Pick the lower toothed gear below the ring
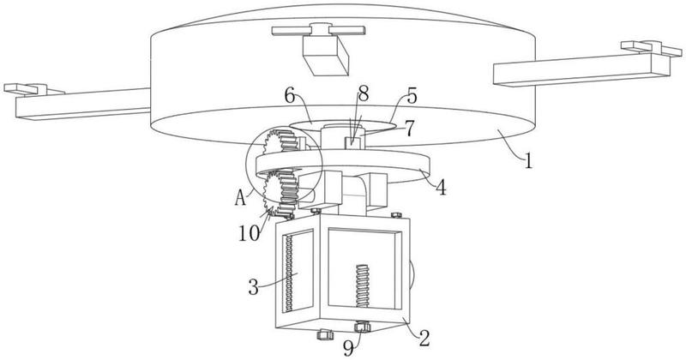(x=279, y=193)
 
